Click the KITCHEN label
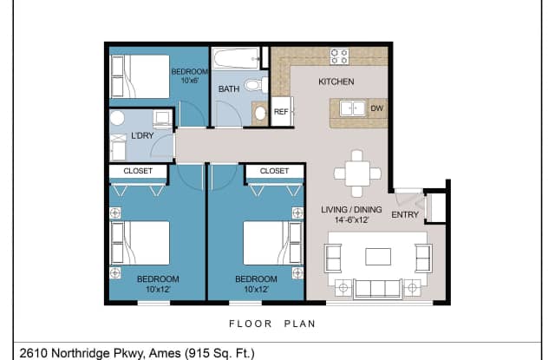pos(336,82)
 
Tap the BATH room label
pos(229,89)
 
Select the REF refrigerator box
pos(281,112)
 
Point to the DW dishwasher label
pos(376,108)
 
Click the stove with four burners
pos(339,57)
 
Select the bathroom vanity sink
pos(258,112)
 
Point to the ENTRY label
pos(405,214)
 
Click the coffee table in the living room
pos(378,256)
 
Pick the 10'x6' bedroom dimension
pos(188,81)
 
